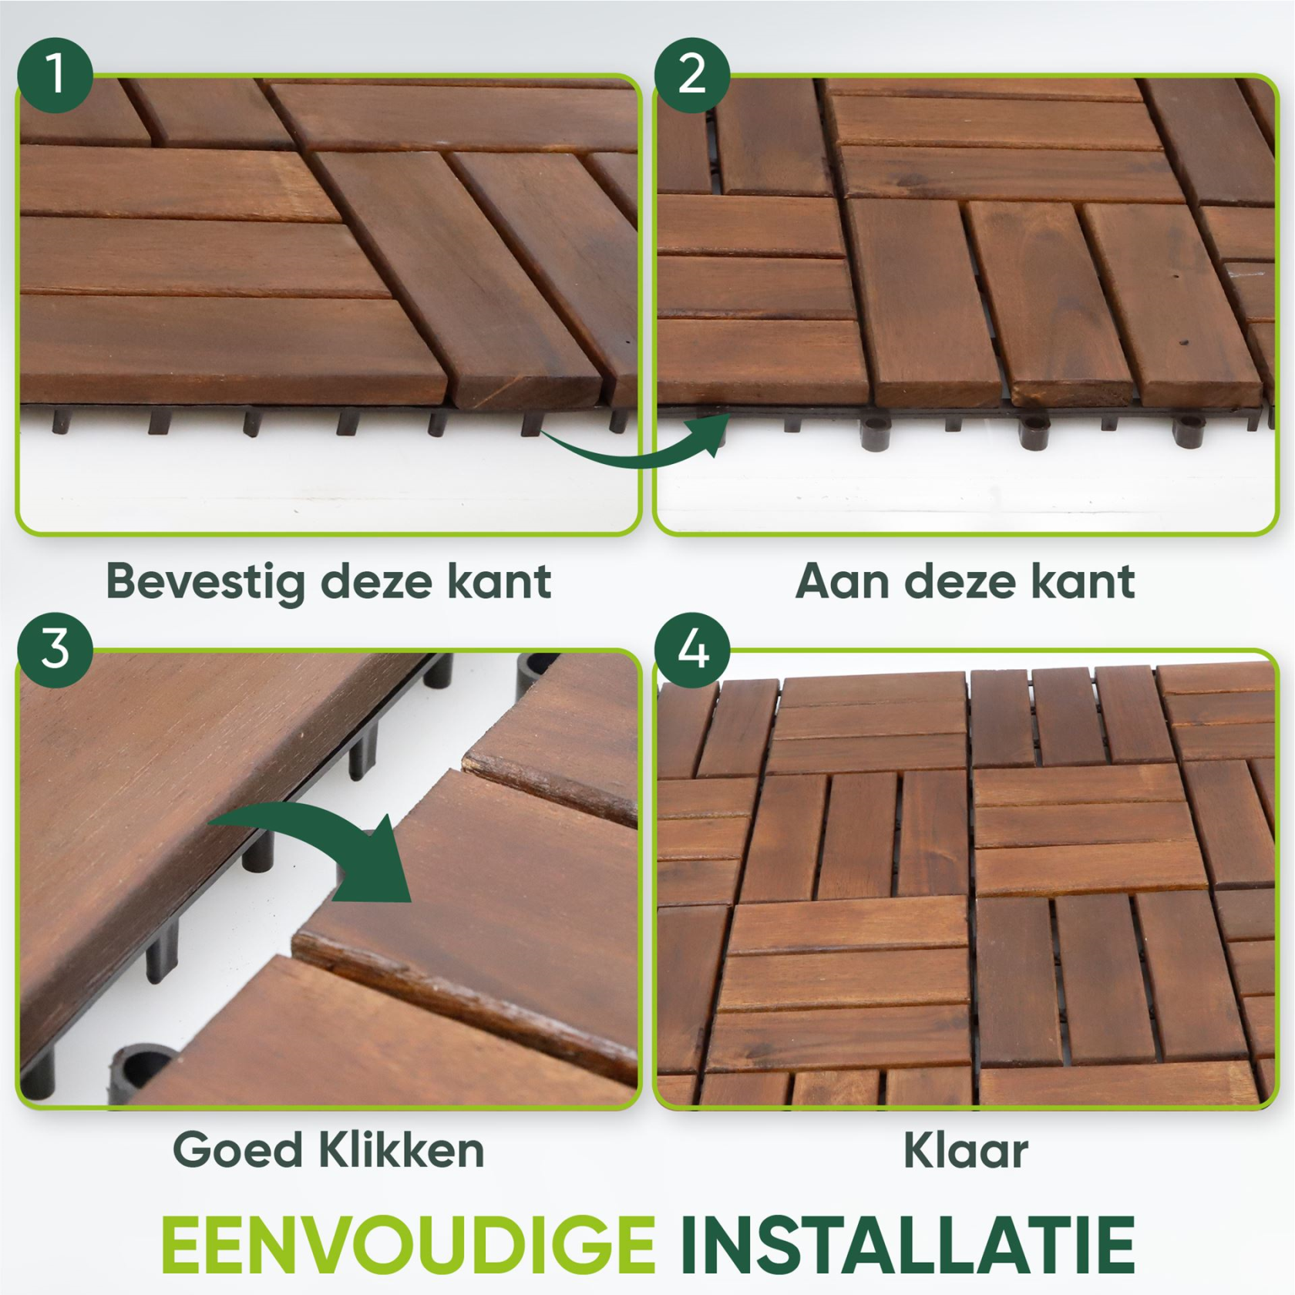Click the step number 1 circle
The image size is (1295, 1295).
(55, 75)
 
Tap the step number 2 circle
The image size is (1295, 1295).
(692, 75)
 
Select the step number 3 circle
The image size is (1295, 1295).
(55, 650)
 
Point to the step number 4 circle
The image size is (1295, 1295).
(692, 650)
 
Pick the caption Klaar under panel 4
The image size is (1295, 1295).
(965, 1151)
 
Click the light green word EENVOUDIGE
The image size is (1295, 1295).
(409, 1245)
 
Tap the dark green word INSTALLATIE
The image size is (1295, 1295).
(907, 1245)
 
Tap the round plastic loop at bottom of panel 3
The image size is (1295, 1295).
(143, 1071)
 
